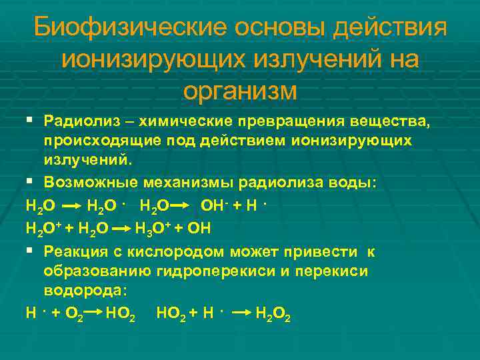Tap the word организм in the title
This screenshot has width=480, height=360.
pos(240,90)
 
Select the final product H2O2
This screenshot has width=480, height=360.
pos(273,313)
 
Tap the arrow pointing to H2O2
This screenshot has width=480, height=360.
pos(242,313)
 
